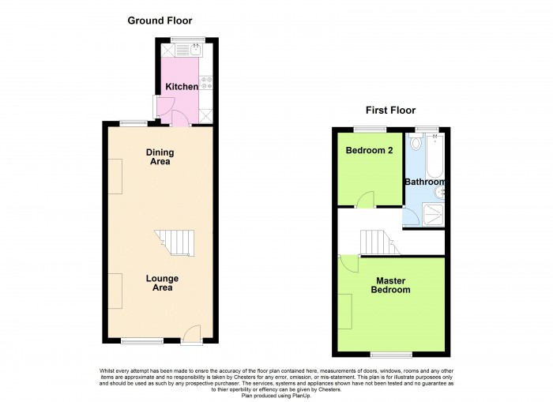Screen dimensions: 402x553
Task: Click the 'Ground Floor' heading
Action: (160, 21)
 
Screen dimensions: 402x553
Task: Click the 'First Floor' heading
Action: (389, 111)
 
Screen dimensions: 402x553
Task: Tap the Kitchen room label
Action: (182, 87)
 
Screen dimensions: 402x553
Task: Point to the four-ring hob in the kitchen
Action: (206, 81)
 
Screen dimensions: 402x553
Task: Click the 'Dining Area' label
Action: (160, 157)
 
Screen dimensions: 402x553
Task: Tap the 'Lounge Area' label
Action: (162, 283)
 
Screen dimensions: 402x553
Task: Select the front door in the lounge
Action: (191, 336)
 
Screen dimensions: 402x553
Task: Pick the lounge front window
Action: (142, 341)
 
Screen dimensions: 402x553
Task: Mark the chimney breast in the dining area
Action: (115, 175)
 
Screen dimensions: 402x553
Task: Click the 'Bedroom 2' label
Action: (367, 152)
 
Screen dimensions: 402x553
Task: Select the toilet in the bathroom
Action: (417, 145)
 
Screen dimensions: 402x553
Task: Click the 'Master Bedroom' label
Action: (392, 285)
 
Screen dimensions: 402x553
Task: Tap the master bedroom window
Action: (392, 353)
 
